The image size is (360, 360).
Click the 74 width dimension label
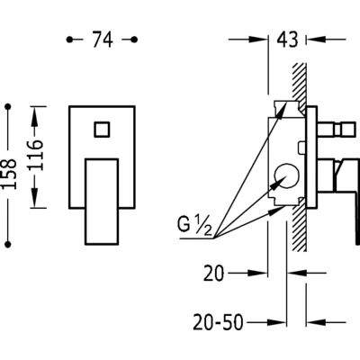103,40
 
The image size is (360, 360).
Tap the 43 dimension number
287,40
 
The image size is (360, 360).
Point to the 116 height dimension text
36,155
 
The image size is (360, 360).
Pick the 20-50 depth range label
218,322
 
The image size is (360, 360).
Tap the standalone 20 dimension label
214,274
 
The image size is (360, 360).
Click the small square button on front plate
102,130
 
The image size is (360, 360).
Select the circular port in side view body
286,176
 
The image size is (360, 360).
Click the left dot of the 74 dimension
69,40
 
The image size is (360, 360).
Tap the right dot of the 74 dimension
135,40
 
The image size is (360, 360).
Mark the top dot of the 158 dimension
8,106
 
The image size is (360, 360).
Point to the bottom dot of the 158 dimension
8,244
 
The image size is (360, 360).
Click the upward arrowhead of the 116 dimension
36,115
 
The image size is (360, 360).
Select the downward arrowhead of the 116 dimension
36,199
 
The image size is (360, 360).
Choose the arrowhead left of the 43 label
258,39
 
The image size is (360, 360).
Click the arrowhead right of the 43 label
315,39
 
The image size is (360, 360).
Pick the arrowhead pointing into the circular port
277,183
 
